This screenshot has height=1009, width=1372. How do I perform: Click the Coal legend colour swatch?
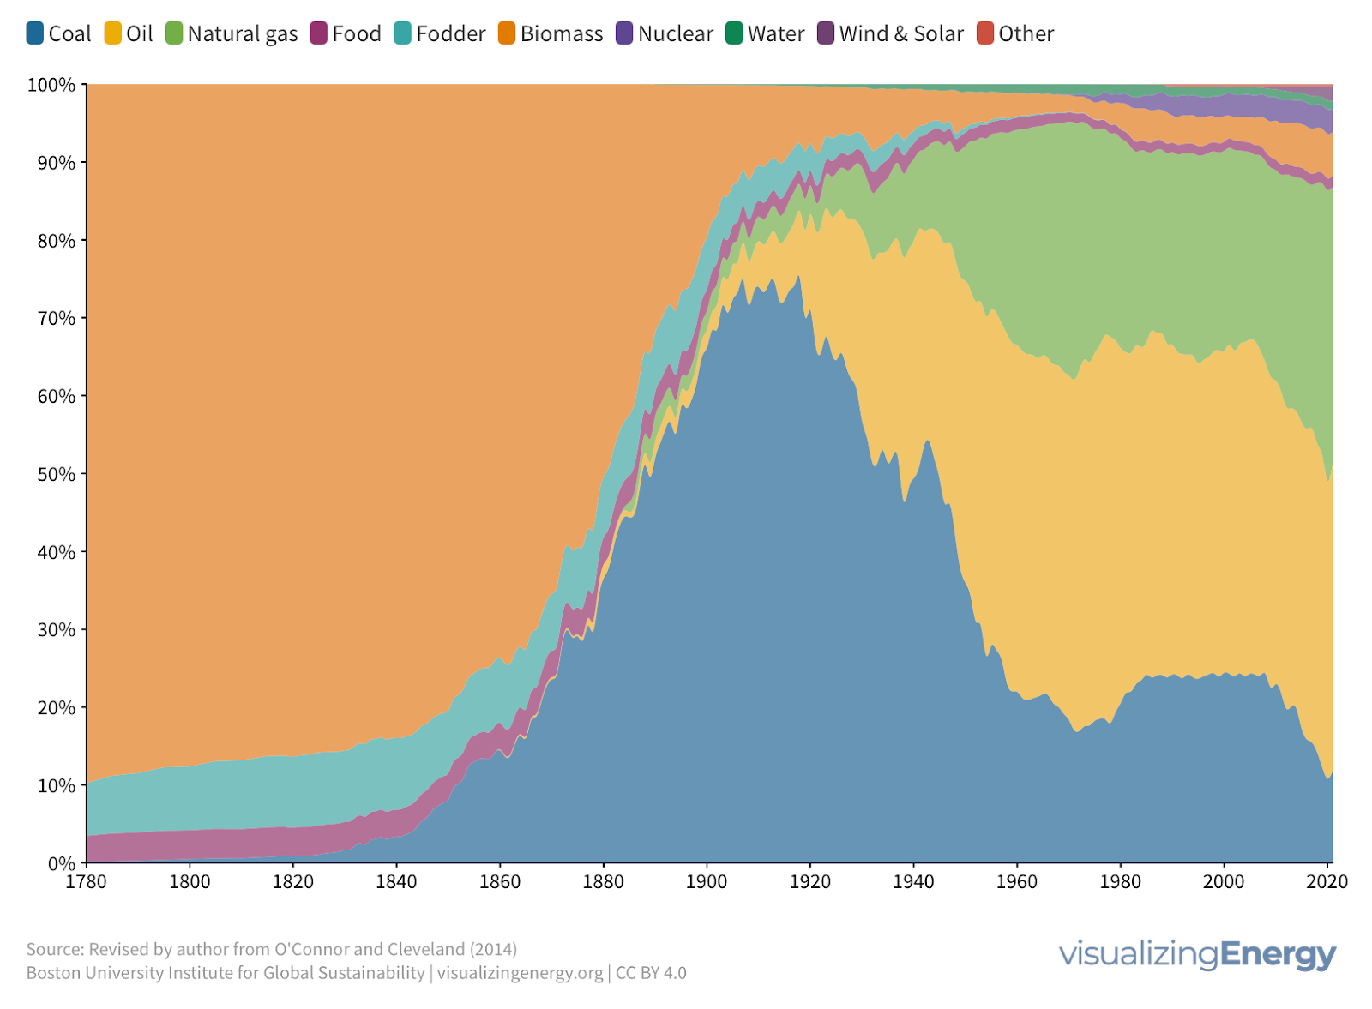[x=35, y=33]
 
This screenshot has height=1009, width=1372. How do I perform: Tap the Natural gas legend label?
[x=243, y=33]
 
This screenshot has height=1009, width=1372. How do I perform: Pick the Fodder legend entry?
[x=450, y=33]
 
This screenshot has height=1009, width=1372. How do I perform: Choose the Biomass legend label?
[x=562, y=33]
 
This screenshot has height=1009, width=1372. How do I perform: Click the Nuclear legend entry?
[x=675, y=33]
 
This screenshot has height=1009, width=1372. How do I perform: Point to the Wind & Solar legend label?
[x=901, y=33]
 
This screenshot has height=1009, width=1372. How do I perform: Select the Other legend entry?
[x=1026, y=33]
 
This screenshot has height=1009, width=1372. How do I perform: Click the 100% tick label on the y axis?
[x=51, y=85]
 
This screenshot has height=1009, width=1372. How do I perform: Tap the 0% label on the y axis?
[x=60, y=863]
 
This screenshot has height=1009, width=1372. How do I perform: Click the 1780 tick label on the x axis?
[x=87, y=882]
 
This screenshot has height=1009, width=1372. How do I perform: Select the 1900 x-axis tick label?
[x=707, y=882]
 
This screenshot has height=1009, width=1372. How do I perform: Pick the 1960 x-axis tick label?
[x=1017, y=882]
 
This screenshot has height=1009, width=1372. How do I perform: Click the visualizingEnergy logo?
[x=1197, y=954]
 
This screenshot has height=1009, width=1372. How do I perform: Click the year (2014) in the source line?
[x=493, y=949]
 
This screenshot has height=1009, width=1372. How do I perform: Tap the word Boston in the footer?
[x=52, y=973]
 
